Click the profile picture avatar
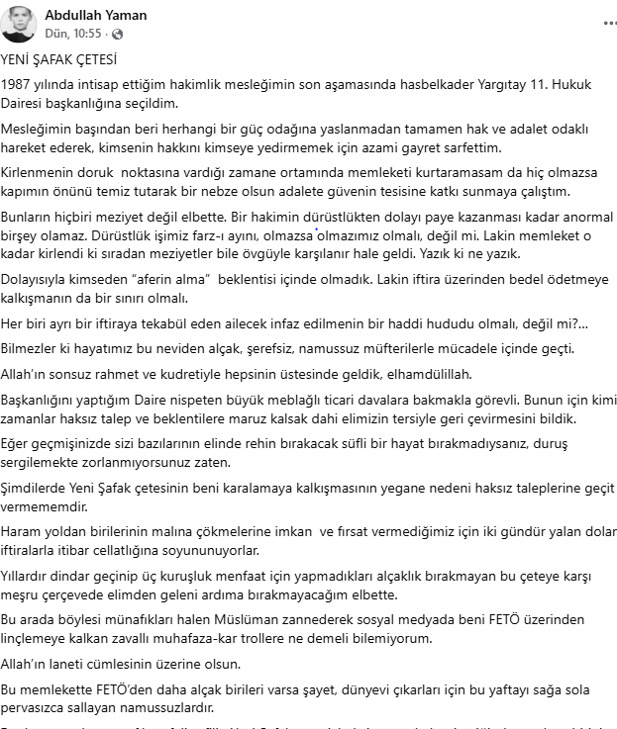point(20,23)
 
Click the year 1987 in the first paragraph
point(17,85)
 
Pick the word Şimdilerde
point(39,488)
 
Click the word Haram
point(21,532)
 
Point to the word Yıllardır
point(30,577)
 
